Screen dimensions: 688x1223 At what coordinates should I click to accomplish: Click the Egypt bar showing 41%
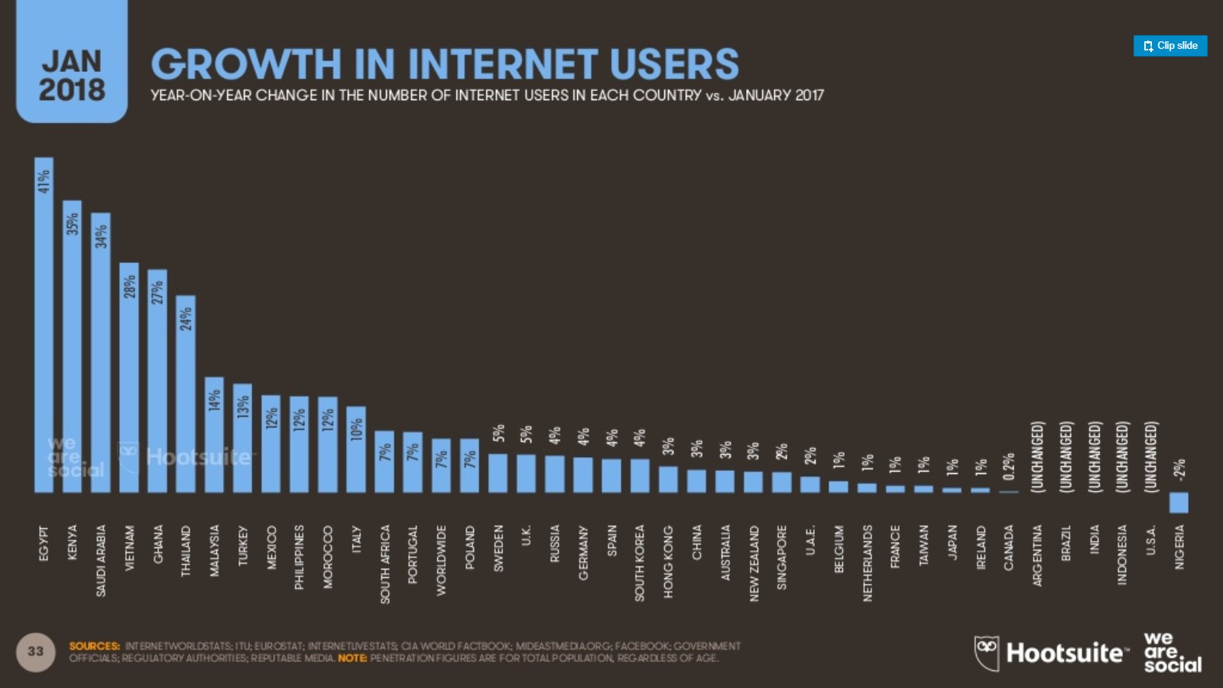pos(44,329)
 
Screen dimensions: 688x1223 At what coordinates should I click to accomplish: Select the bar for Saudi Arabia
pos(101,359)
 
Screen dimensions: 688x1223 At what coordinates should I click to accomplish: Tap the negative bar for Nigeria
pos(1179,502)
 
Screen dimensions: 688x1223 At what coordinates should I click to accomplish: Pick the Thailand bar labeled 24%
pos(186,398)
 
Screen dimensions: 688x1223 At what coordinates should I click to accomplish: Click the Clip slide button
pos(1170,46)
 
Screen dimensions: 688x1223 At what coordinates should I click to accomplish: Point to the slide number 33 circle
pos(35,652)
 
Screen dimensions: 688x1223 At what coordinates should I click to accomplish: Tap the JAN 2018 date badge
pos(72,75)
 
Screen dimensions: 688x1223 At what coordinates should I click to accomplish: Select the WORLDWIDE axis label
pos(441,560)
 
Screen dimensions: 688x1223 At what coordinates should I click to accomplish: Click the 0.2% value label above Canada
pos(1009,466)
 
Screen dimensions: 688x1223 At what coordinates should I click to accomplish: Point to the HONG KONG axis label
pos(668,562)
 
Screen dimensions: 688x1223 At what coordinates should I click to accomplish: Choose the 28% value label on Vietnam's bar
pos(130,287)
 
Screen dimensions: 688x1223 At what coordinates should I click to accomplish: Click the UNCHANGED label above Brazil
pos(1066,456)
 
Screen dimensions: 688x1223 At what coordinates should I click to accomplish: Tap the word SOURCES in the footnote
pos(94,646)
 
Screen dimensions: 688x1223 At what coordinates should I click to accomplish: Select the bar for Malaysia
pos(214,436)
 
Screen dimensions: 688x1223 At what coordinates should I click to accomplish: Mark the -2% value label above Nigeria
pos(1179,469)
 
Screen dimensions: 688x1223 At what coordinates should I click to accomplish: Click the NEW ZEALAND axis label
pos(754,563)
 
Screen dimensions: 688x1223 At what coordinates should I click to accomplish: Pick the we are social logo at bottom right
pos(1172,652)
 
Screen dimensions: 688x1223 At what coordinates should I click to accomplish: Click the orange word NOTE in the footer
pos(352,658)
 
